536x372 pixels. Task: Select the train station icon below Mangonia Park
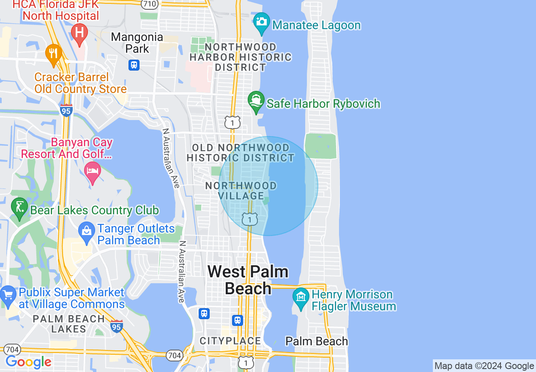134,65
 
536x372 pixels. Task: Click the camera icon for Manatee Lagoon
261,22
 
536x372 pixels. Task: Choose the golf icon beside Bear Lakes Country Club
19,208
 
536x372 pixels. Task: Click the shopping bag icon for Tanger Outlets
87,231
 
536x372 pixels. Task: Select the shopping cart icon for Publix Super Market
8,295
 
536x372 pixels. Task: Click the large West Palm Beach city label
248,280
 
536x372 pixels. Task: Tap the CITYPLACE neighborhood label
230,341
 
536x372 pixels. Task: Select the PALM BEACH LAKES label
68,324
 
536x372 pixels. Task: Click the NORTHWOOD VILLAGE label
241,191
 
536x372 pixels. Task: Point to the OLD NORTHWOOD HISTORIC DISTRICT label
241,153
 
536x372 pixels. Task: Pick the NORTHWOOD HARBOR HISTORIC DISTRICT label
241,57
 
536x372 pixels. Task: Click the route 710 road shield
150,4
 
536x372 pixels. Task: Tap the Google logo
28,362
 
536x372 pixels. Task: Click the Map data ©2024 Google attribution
484,366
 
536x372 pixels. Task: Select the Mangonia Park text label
137,43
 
